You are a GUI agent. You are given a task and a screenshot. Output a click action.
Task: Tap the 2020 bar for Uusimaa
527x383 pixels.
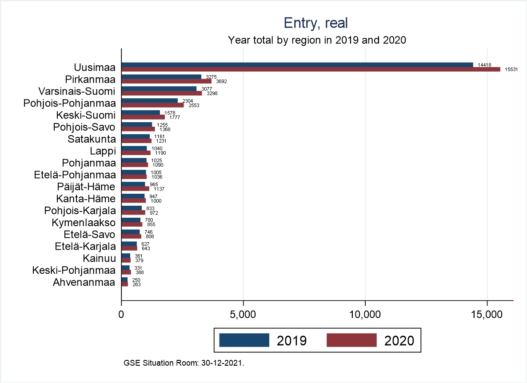coord(311,69)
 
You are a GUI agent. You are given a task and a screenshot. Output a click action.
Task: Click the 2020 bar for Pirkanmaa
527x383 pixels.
coord(166,81)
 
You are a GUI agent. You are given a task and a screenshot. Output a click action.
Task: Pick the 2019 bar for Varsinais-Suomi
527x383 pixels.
coord(159,89)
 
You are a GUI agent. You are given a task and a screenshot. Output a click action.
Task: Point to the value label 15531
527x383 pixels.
coord(511,70)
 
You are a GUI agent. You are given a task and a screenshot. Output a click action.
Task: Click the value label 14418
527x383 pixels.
coord(484,65)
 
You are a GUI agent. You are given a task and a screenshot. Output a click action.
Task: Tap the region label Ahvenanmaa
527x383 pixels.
coord(84,282)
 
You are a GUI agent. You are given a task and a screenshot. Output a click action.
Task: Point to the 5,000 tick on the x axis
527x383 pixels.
coord(243,315)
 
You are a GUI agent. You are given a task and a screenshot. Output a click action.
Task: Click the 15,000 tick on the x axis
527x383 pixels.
coord(487,315)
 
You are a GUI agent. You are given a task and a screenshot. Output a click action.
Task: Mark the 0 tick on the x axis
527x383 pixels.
coord(122,315)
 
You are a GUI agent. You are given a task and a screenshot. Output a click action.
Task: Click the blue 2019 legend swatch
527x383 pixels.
coord(244,340)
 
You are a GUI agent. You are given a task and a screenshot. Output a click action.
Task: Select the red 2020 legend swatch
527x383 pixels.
coord(351,340)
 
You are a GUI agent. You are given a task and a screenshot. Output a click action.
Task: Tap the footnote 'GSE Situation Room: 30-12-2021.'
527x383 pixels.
coord(184,363)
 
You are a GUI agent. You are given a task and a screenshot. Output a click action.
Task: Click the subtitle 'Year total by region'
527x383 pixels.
coord(317,40)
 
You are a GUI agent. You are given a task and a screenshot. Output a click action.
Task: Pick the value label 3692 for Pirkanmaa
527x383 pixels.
coord(221,82)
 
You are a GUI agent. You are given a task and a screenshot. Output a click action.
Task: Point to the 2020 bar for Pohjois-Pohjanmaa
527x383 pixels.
coord(152,105)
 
